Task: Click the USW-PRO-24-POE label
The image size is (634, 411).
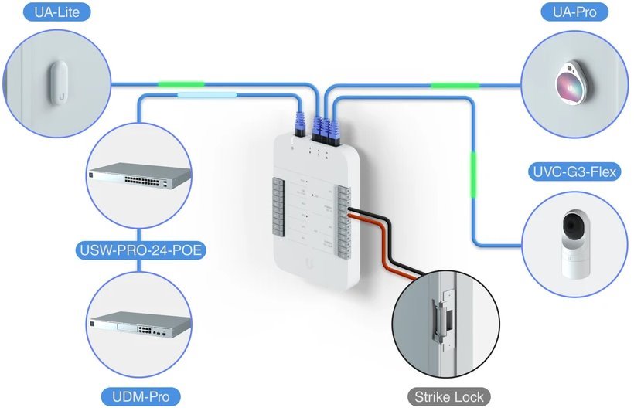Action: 138,250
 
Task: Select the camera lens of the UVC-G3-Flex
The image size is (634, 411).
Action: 573,228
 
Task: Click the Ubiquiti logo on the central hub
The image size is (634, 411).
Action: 310,263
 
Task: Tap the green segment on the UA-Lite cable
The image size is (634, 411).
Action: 181,83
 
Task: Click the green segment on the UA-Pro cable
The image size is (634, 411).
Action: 455,84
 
